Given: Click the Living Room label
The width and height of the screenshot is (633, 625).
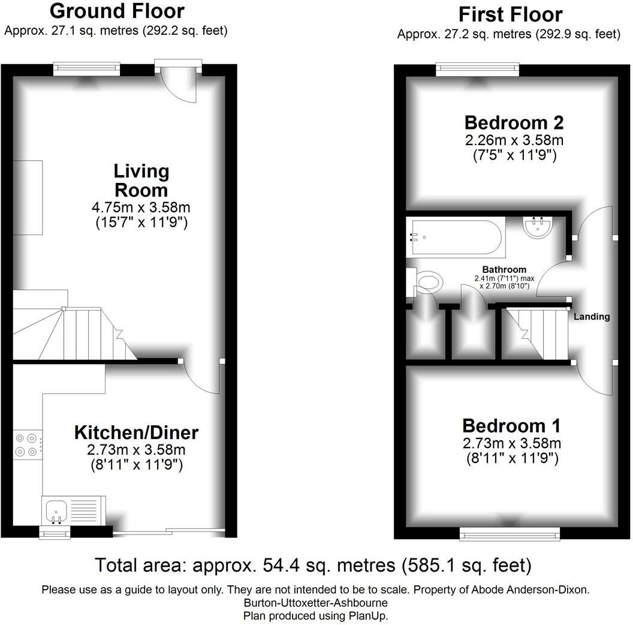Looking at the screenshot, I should pos(141,181).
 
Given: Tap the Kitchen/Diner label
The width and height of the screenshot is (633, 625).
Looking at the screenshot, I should pos(136,432).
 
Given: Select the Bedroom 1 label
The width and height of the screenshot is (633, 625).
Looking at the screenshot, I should pos(511,426).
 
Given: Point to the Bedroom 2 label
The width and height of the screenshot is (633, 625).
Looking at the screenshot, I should pos(514,123).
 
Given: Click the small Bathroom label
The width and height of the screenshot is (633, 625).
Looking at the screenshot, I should pos(504,270).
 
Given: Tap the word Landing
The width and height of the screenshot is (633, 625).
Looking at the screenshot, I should pos(592,317).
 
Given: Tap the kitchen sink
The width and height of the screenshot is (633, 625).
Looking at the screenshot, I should pos(56,510).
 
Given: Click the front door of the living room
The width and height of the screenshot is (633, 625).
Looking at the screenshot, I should pos(179,84).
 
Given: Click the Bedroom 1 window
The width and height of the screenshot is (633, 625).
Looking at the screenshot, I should pos(510,533).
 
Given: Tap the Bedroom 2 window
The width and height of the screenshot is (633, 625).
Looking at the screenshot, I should pos(477,69).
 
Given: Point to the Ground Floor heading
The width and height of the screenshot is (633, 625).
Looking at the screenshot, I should pos(116,11).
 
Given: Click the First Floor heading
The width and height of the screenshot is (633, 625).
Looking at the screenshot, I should pos(510,14).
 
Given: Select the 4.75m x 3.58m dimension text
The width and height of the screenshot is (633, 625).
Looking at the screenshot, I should pos(142,209).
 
